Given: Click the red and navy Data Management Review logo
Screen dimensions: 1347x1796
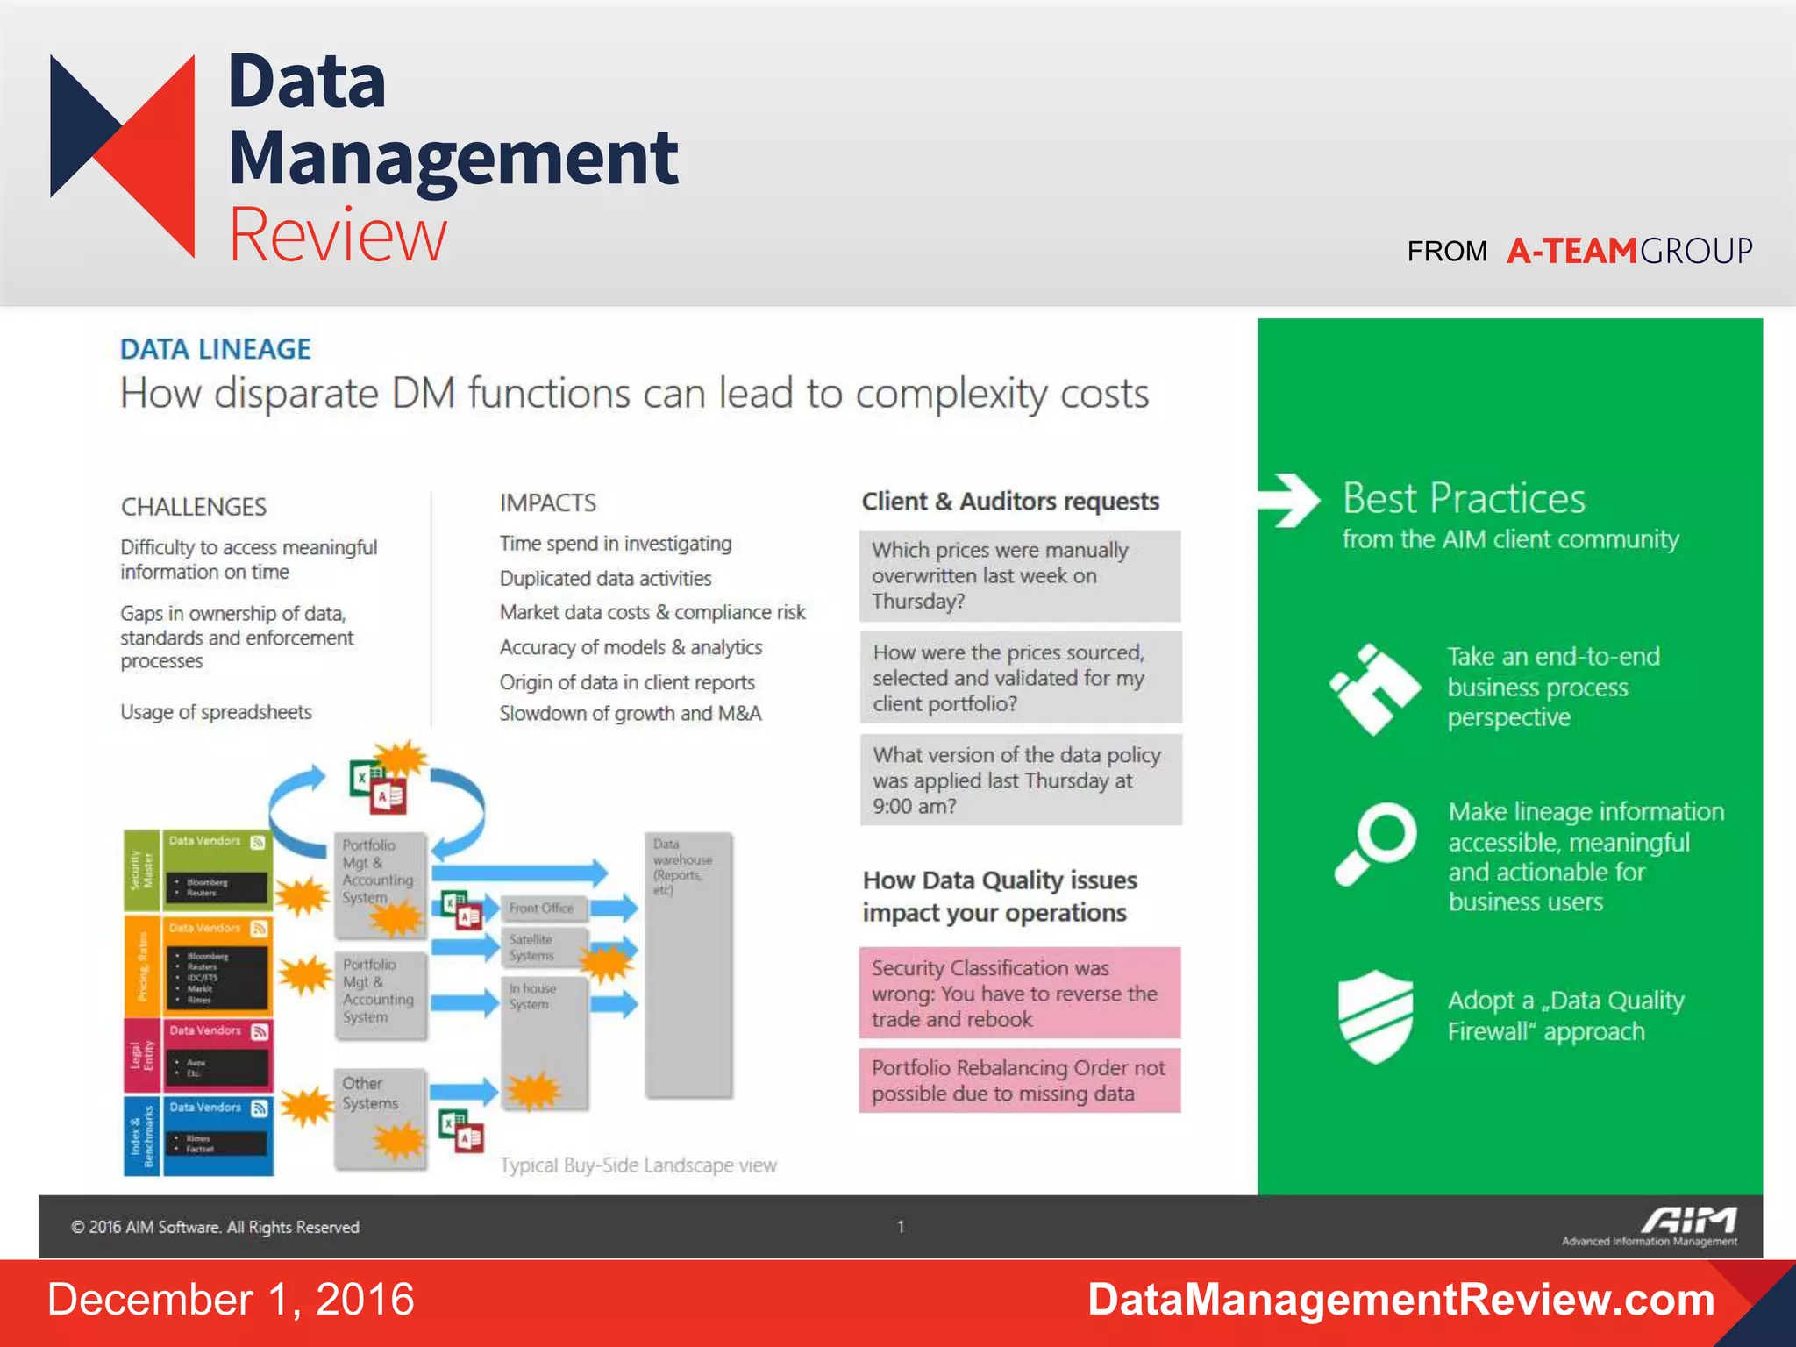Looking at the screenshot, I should click(123, 155).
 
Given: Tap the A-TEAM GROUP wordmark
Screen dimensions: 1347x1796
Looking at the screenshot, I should click(1629, 251).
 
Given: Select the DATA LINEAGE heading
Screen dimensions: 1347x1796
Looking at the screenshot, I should click(216, 349).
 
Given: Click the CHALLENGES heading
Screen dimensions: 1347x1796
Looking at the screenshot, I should click(194, 507).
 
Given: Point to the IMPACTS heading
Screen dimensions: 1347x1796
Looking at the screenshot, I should click(548, 502).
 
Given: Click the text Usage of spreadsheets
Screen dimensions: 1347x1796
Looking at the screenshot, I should click(217, 712).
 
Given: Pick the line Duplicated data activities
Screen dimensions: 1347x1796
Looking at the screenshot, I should click(606, 579).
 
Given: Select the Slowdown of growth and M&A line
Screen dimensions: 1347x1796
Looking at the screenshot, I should click(631, 714).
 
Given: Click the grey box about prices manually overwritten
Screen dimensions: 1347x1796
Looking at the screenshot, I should click(1020, 576).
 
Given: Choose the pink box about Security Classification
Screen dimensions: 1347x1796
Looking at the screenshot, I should click(1019, 993).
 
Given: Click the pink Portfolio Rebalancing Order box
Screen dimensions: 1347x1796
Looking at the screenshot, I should click(1019, 1080).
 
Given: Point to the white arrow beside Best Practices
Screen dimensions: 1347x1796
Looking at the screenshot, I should click(1290, 500).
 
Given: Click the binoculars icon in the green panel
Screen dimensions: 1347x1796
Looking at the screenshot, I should click(1374, 689).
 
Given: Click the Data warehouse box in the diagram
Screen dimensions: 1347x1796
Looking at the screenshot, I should click(688, 965).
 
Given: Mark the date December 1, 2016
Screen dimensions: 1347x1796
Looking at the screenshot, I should click(231, 1300).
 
